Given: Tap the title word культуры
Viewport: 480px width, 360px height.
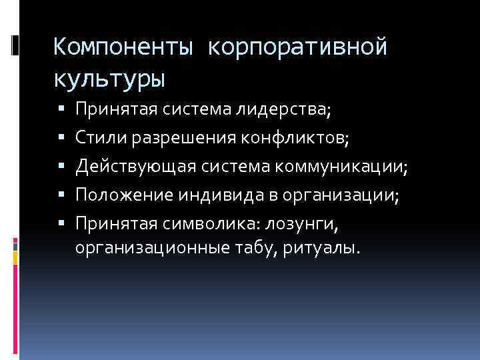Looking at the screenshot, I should tap(109, 79).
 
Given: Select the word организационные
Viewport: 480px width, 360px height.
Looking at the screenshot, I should tap(145, 249).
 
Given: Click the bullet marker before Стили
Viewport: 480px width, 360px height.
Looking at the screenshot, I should tap(61, 139).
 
